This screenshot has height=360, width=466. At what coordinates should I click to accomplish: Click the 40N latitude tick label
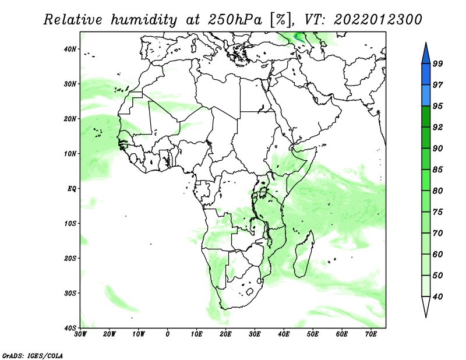click(x=70, y=49)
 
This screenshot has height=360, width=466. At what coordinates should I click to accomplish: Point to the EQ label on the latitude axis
click(x=72, y=189)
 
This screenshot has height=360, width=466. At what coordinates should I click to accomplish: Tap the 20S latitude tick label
click(x=70, y=258)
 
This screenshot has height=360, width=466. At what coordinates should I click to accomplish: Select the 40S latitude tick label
click(x=70, y=328)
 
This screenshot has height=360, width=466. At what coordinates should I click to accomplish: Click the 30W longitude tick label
click(x=80, y=334)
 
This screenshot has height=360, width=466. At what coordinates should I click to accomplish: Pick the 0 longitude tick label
click(x=168, y=334)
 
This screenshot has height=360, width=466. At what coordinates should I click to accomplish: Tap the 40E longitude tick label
click(x=284, y=334)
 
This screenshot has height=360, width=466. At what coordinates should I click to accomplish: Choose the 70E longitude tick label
click(x=371, y=334)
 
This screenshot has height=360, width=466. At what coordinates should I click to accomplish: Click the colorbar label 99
click(x=437, y=63)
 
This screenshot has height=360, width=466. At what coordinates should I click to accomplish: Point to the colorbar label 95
click(x=437, y=106)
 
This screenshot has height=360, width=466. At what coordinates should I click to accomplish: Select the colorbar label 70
click(x=437, y=233)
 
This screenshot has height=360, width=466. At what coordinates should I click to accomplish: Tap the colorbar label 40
click(x=437, y=297)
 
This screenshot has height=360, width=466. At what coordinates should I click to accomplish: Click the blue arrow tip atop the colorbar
click(x=426, y=43)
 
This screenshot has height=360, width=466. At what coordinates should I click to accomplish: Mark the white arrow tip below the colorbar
click(x=426, y=317)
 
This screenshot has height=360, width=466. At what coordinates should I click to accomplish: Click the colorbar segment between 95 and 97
click(x=426, y=96)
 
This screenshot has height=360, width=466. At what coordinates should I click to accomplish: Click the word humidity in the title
click(x=144, y=20)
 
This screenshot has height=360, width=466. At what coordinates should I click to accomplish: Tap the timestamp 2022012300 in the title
click(x=377, y=20)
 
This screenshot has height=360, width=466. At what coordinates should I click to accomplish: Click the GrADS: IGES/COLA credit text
click(x=33, y=355)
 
